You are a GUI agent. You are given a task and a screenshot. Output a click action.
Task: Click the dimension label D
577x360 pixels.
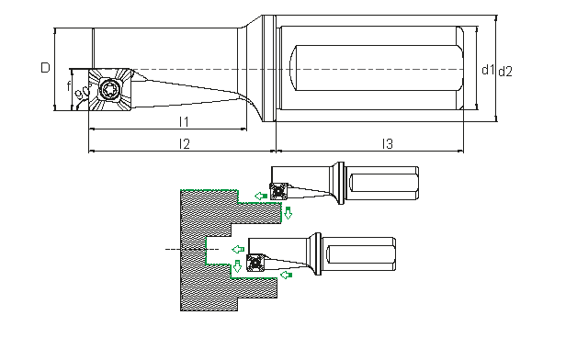[x=45, y=68]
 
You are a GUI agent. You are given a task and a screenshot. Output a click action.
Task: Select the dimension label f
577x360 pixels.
[x=68, y=86]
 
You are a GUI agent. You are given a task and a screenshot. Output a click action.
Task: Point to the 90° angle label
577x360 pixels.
[x=84, y=92]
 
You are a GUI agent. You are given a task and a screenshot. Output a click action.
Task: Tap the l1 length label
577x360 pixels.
[x=184, y=122]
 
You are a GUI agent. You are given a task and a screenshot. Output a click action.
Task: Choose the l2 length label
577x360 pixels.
[x=185, y=144]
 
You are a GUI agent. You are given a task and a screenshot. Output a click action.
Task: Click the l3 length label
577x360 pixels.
[x=388, y=144]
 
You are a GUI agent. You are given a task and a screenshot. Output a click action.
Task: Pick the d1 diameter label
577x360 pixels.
[x=488, y=70]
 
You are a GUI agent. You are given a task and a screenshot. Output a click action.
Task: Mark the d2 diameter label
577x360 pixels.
[x=505, y=72]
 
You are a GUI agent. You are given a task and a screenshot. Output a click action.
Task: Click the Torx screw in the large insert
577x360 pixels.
[x=109, y=89]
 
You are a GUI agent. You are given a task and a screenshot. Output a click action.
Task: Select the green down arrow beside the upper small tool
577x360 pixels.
[x=288, y=212]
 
